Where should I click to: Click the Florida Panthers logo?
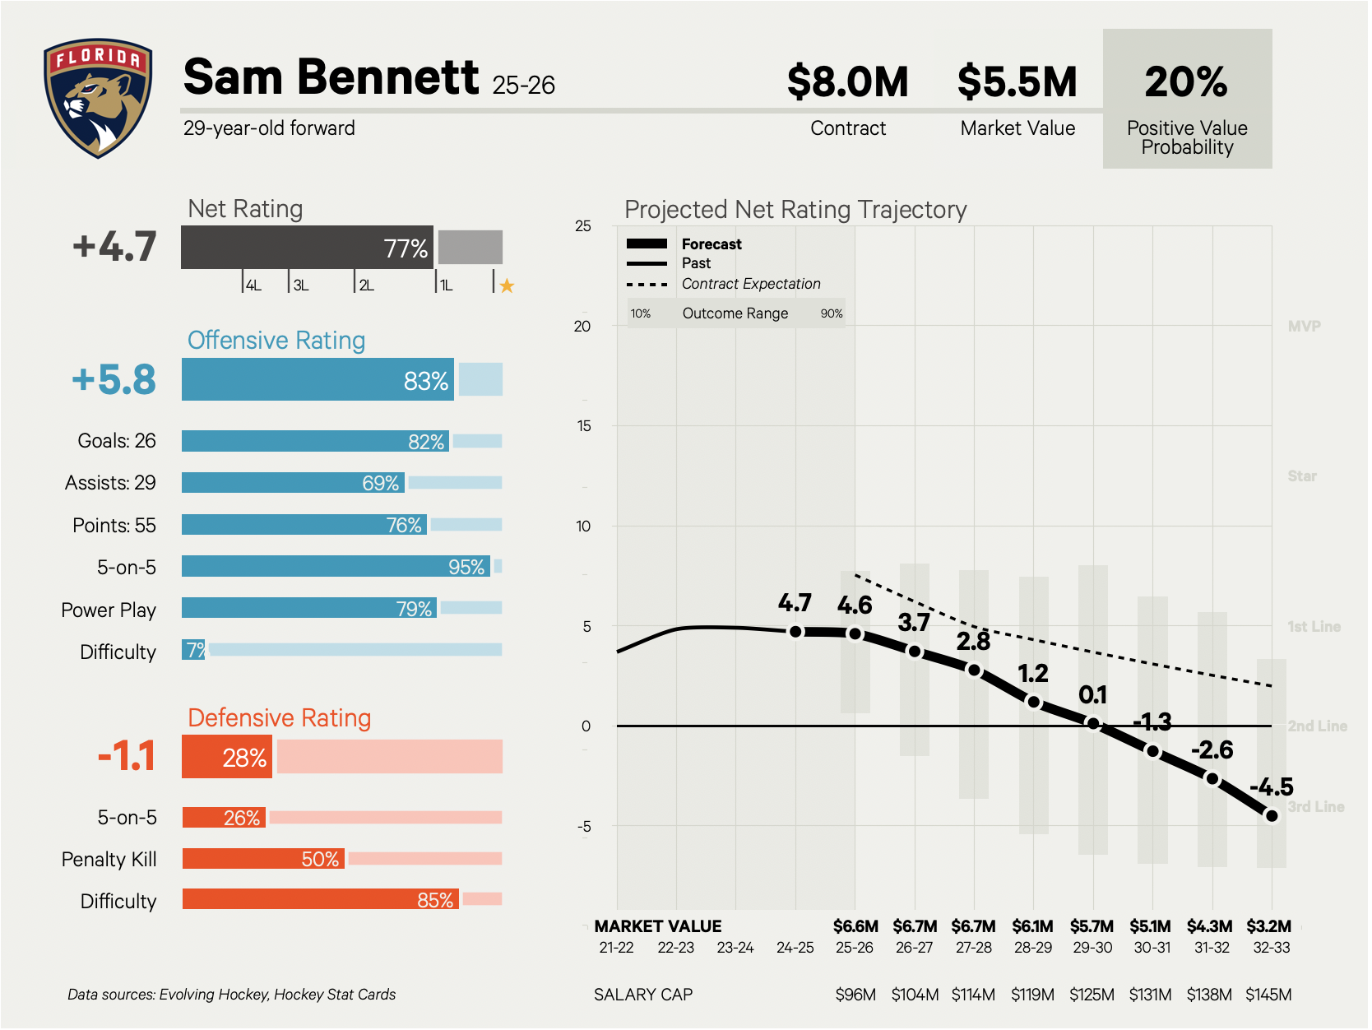coord(98,98)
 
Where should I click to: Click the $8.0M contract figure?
coord(847,82)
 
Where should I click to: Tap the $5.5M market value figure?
coord(1017,82)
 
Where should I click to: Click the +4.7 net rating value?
coord(114,247)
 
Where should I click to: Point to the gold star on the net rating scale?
coord(507,286)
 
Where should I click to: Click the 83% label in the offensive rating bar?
coord(425,381)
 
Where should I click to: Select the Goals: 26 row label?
coord(116,441)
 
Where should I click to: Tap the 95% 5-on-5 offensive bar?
coord(336,567)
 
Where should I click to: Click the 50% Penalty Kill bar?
coord(263,859)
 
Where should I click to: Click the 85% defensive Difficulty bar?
coord(320,900)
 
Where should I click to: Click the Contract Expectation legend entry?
coord(750,284)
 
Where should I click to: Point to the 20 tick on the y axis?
coord(582,327)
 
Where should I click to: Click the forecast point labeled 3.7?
coord(915,651)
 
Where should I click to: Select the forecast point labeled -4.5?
coord(1272,816)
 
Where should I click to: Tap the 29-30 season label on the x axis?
coord(1092,948)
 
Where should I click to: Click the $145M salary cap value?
coord(1268,995)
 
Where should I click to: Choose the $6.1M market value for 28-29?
coord(1032,926)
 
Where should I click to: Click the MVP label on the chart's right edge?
coord(1304,327)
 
